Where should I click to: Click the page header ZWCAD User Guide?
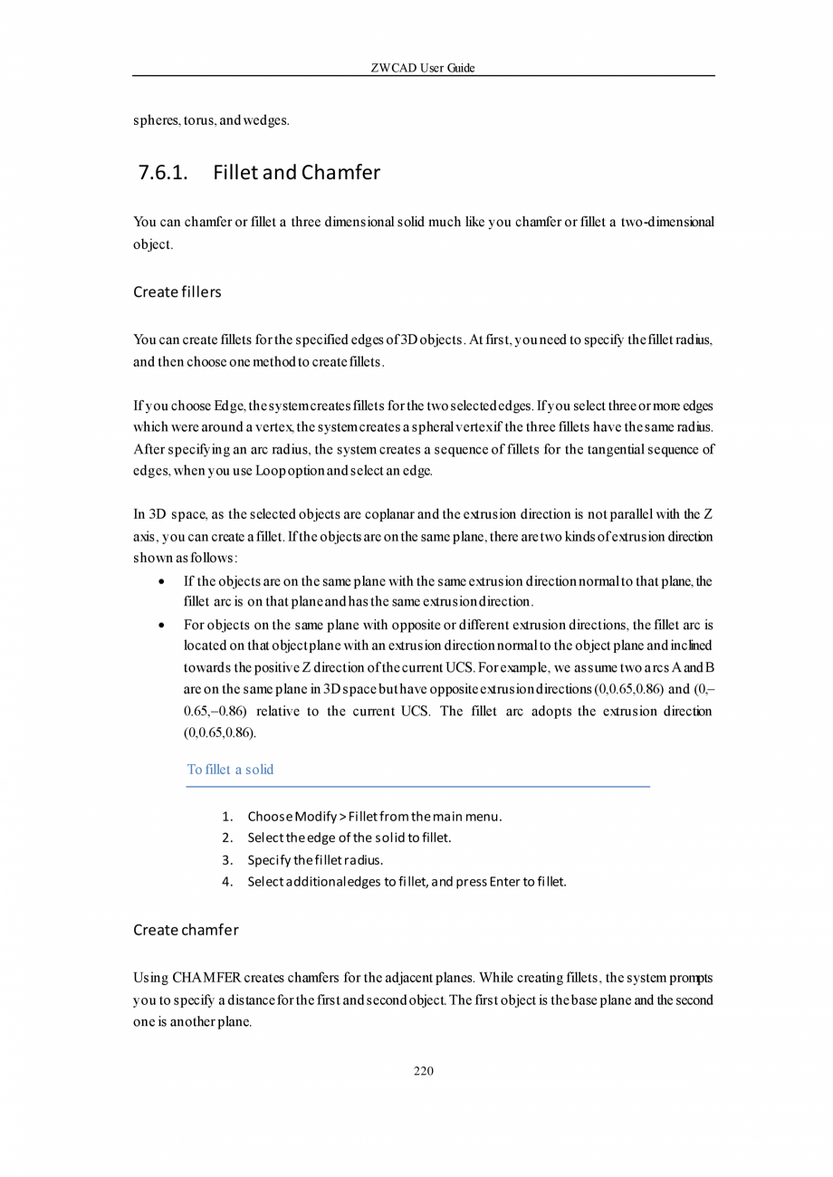coord(423,68)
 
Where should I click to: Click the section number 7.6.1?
coord(163,172)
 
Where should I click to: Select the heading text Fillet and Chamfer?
coord(296,172)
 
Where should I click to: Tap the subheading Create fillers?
coord(177,292)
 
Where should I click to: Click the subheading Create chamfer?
coord(186,930)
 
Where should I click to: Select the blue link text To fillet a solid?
coord(230,770)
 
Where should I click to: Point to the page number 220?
coord(423,1071)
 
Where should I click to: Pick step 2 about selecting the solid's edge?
coord(349,838)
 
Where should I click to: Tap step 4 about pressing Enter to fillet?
coord(407,882)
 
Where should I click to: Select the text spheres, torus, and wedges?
coord(211,120)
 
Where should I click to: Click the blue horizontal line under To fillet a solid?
coord(417,787)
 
